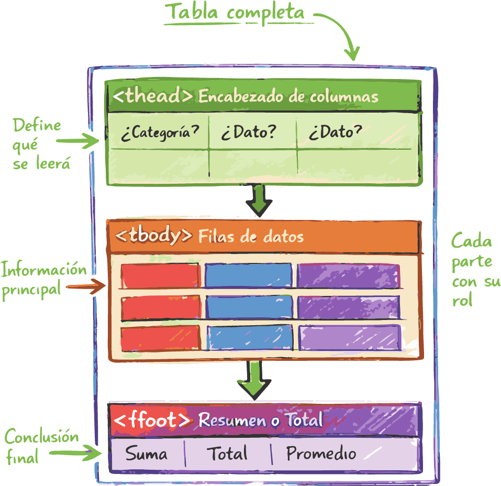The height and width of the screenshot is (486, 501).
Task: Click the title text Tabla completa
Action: coord(234,13)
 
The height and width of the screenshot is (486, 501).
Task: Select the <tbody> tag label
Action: coord(153,236)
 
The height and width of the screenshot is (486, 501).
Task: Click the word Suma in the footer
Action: coord(147,454)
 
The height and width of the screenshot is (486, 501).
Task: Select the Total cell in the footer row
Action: coord(227,454)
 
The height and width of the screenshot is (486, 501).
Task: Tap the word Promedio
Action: coord(321,454)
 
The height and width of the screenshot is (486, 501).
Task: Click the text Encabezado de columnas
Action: coord(288,97)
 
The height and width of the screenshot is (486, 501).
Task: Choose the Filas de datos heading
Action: coord(251,236)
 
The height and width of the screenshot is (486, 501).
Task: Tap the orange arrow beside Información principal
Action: coord(84,286)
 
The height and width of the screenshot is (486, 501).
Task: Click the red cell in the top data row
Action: coord(160,275)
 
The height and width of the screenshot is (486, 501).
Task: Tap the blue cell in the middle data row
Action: coord(249,307)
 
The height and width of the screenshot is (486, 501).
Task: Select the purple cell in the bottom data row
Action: coord(349,338)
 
